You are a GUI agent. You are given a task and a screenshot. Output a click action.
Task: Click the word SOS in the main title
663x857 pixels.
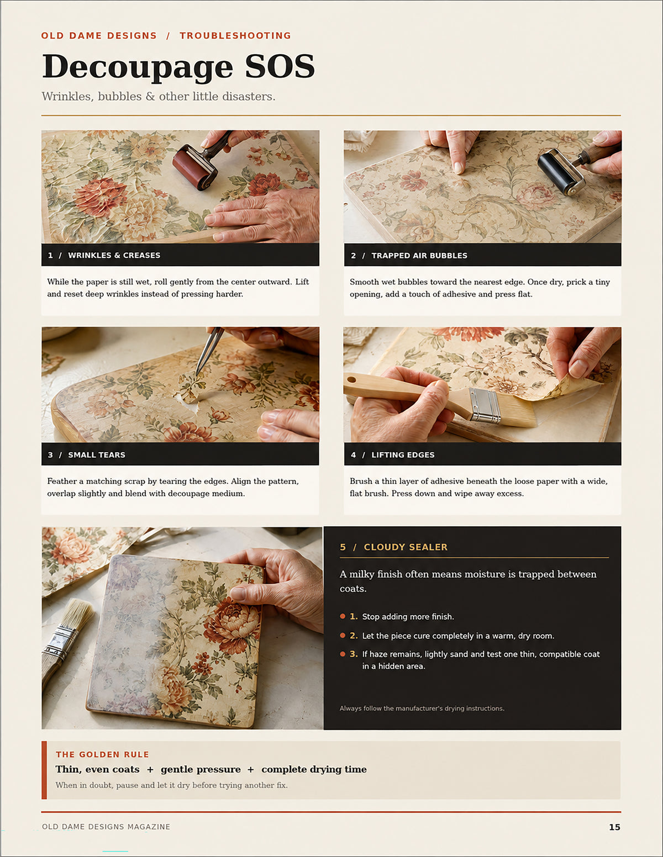(x=280, y=66)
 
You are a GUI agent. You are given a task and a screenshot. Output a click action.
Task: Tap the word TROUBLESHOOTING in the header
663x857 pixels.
(x=235, y=35)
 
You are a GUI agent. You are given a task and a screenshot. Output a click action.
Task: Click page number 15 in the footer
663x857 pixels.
(x=614, y=827)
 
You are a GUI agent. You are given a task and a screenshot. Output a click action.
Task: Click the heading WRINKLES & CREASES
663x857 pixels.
(x=114, y=255)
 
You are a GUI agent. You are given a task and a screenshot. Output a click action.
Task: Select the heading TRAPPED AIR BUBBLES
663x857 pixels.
(x=419, y=256)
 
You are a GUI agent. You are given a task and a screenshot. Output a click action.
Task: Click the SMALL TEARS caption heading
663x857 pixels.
(x=97, y=454)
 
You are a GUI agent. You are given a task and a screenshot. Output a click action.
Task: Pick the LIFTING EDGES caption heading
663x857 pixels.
(x=403, y=454)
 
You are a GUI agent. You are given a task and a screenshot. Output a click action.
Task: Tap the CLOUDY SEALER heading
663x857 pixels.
(x=406, y=547)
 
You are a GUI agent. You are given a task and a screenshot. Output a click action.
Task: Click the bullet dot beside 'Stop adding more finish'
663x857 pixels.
(x=343, y=616)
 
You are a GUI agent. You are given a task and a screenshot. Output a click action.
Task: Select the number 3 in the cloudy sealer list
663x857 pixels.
(x=352, y=654)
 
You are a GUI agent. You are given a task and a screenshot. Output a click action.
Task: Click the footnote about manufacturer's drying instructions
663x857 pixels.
(x=422, y=708)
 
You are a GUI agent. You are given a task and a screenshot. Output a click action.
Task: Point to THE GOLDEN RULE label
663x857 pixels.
(x=102, y=754)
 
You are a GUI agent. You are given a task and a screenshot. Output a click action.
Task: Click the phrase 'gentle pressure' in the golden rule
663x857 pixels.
(x=201, y=769)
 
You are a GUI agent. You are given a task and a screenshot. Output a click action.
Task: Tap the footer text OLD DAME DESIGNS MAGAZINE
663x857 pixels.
(x=106, y=827)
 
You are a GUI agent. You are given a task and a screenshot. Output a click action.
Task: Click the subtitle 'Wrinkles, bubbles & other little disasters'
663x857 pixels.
(x=158, y=96)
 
